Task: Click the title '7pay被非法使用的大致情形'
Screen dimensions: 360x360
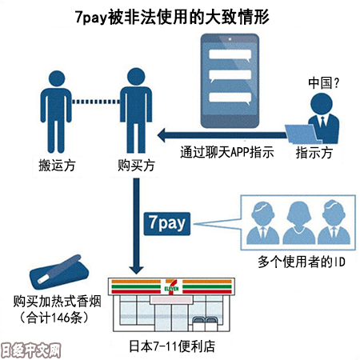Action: (172, 17)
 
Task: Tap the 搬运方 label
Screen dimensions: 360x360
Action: (57, 166)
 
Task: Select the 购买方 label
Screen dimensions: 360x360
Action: (136, 166)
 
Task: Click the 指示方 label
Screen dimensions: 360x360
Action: (314, 153)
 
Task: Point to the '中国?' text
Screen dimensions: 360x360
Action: (323, 83)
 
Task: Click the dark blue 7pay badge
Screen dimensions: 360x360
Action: (167, 224)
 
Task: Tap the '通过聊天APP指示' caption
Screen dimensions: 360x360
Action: (227, 152)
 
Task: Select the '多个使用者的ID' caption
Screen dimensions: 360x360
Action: (302, 262)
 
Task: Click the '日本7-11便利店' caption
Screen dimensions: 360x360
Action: (172, 346)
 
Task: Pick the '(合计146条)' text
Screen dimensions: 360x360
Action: (54, 318)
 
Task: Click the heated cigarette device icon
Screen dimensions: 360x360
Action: (59, 272)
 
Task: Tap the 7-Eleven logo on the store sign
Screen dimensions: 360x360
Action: (171, 286)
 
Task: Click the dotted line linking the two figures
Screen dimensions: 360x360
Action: (96, 102)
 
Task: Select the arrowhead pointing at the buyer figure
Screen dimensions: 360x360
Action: (162, 135)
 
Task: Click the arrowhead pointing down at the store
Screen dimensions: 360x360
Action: (136, 270)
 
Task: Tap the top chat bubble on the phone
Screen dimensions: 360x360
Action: (230, 55)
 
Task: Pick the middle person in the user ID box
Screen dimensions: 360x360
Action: (298, 222)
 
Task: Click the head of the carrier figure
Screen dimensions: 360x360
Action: (57, 78)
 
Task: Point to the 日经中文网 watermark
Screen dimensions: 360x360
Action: (30, 350)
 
